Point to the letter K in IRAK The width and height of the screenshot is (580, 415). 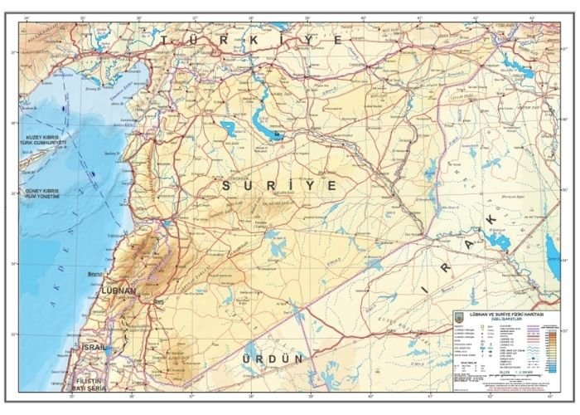[491, 218]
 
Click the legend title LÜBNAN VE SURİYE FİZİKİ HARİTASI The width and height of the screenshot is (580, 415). [504, 316]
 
